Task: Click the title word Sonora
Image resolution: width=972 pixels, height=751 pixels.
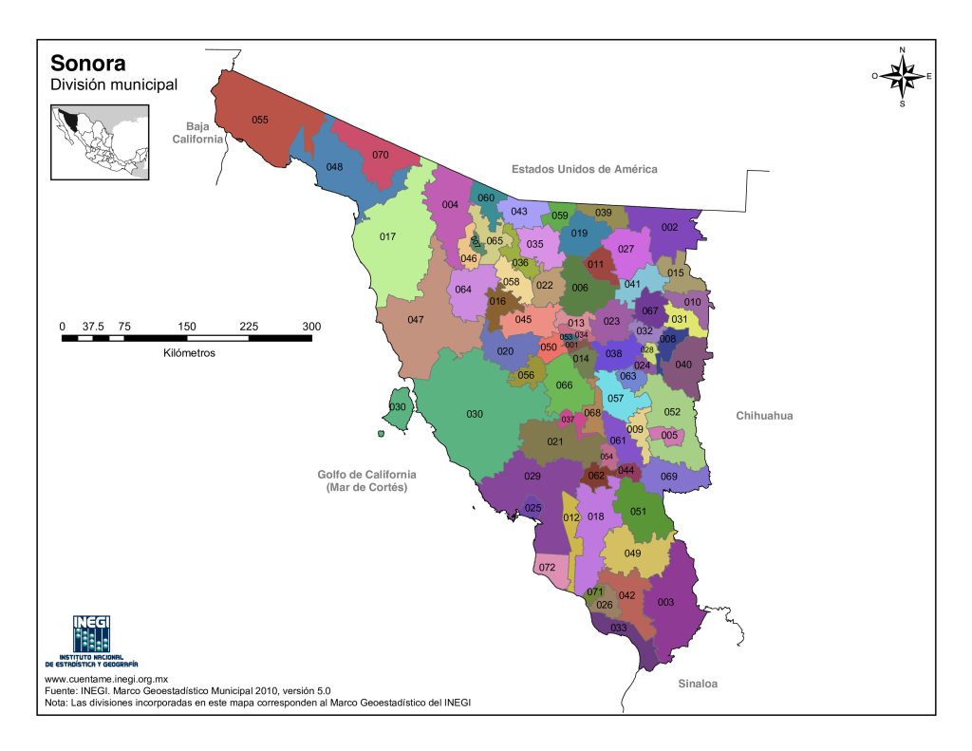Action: pyautogui.click(x=87, y=64)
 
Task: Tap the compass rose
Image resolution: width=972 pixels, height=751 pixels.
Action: pyautogui.click(x=902, y=76)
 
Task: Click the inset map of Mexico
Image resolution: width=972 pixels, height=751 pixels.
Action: pyautogui.click(x=100, y=141)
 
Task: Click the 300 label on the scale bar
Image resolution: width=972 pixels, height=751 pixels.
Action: pyautogui.click(x=311, y=327)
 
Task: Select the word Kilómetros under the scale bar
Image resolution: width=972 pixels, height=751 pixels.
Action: pyautogui.click(x=189, y=352)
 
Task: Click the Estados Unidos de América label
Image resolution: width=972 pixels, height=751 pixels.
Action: pyautogui.click(x=584, y=169)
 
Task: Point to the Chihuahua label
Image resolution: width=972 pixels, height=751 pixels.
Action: pyautogui.click(x=764, y=416)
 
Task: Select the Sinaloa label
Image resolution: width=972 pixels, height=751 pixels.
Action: pyautogui.click(x=698, y=684)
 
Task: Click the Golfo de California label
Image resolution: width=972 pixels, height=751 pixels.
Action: pyautogui.click(x=366, y=480)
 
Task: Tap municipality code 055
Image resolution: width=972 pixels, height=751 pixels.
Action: pyautogui.click(x=260, y=120)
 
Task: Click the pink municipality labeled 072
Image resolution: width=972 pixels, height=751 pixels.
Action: pyautogui.click(x=547, y=568)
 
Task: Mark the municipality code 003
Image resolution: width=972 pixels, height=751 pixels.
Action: pyautogui.click(x=665, y=602)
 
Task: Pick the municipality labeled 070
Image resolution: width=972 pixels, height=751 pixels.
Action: pyautogui.click(x=381, y=155)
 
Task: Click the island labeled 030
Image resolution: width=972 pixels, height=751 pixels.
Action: pyautogui.click(x=398, y=407)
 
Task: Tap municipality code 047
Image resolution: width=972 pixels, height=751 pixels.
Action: pyautogui.click(x=415, y=320)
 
